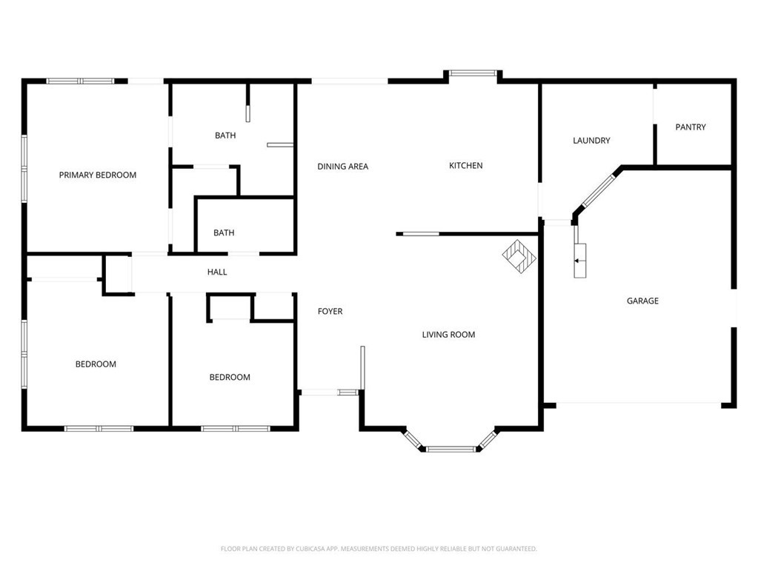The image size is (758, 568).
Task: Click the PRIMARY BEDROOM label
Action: coord(98,175)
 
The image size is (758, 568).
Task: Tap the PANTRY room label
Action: coord(691,127)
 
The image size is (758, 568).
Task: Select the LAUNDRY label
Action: coord(591,141)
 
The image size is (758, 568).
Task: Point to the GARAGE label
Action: coord(642,301)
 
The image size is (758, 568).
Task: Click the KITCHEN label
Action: coord(465,166)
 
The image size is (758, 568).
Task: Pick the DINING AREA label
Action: coord(343,167)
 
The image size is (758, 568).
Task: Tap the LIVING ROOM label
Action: coord(448,335)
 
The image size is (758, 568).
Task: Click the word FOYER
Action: coord(330,312)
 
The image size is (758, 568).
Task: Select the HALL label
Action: coord(217,272)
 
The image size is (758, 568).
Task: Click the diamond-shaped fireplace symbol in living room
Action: coord(519,256)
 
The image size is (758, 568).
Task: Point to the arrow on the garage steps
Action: coord(577,261)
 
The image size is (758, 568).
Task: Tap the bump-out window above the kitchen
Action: coord(473,73)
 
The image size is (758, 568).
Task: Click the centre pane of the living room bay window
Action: coord(451,450)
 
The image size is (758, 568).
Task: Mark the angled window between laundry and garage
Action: coord(598,191)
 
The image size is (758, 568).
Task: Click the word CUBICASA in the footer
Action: coord(316,549)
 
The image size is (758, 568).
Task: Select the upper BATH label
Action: coord(225,136)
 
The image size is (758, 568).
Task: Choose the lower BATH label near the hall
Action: coord(224,233)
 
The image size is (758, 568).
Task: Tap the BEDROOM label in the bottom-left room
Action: coord(96,364)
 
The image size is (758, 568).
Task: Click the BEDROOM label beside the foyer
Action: coord(230,377)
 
